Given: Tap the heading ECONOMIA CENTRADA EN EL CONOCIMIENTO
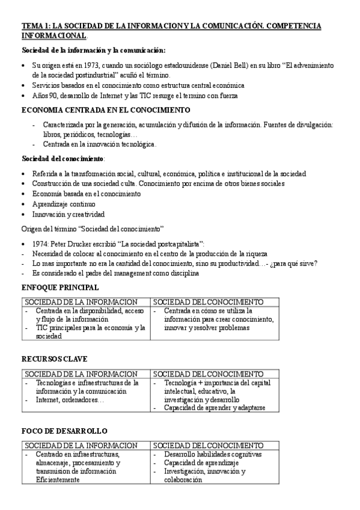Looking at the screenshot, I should (105, 110).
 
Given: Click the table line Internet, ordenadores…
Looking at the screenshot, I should (70, 399).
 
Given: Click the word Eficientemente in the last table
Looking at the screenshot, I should (58, 480).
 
